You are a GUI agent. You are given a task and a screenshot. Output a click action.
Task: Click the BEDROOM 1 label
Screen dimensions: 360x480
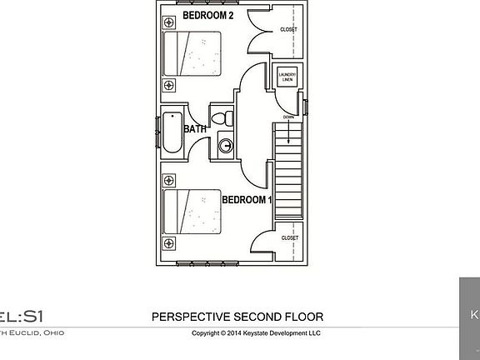[x=247, y=200]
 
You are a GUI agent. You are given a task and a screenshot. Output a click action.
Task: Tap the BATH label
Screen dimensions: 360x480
[x=195, y=129]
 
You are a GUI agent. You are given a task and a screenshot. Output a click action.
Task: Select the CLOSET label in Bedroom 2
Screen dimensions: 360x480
[x=288, y=29]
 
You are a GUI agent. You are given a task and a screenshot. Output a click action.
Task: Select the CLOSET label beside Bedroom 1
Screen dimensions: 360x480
[x=289, y=237]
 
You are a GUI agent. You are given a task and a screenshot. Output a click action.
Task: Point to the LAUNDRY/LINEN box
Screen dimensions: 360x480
[x=287, y=77]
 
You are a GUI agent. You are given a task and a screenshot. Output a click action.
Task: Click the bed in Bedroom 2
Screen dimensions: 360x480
[x=192, y=56]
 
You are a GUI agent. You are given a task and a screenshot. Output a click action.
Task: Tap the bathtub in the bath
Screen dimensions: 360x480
[x=172, y=132]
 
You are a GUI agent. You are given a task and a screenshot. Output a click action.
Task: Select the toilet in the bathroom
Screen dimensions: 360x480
[x=222, y=118]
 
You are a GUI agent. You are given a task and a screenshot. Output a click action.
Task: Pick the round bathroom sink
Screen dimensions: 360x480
[x=225, y=147]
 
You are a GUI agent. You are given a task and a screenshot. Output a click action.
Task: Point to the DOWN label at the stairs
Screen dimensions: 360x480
[x=287, y=117]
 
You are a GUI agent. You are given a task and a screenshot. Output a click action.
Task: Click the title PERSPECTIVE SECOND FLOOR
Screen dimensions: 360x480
[x=237, y=317]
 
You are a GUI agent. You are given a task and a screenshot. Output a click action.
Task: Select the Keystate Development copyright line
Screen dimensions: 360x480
[x=256, y=333]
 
